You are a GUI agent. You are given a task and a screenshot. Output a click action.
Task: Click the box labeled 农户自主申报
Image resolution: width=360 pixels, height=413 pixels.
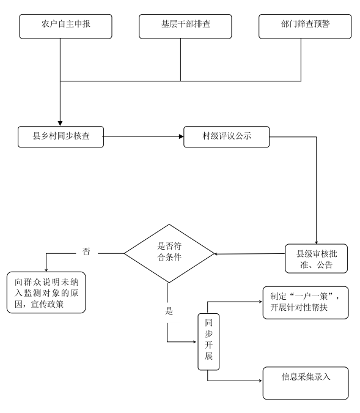(65, 26)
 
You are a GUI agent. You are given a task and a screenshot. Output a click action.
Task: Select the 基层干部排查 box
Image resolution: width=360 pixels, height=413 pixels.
(185, 26)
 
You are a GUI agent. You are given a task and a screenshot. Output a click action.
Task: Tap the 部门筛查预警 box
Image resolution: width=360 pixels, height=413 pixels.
(305, 26)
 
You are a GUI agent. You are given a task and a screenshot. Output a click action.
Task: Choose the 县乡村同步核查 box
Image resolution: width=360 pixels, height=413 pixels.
(61, 136)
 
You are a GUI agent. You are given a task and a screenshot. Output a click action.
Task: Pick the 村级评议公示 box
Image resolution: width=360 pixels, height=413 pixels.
(226, 136)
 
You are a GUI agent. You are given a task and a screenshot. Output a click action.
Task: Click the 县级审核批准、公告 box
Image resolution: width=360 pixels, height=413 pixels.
(317, 258)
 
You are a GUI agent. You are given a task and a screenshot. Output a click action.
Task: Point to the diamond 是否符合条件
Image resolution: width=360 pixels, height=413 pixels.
(169, 253)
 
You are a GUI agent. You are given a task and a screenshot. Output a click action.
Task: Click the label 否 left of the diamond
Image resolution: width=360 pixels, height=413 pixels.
(86, 251)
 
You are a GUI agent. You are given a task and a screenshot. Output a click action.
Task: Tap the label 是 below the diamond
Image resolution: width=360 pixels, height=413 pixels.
(169, 311)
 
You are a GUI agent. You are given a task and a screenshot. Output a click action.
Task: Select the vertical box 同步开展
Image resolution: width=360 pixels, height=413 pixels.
(208, 341)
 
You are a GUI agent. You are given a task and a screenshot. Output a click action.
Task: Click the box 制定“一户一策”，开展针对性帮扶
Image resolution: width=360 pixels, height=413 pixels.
(306, 303)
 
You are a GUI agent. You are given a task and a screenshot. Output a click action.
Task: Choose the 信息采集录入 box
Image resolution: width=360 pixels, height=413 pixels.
(306, 383)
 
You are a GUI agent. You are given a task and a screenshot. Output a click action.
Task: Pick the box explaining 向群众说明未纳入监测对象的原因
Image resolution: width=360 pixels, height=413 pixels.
(46, 292)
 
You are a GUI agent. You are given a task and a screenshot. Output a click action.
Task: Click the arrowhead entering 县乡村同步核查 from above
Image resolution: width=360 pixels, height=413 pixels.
(60, 124)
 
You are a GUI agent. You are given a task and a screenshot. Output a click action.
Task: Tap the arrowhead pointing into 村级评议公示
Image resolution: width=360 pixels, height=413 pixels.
(181, 136)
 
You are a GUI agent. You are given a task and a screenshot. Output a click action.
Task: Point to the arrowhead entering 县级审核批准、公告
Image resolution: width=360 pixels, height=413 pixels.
(317, 242)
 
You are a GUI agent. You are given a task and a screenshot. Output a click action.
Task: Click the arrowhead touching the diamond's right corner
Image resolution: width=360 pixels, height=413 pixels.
(216, 254)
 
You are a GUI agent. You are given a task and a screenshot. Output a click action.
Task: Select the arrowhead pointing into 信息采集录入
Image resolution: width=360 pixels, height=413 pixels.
(260, 381)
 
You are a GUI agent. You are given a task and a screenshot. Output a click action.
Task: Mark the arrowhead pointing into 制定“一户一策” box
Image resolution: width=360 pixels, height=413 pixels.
(260, 302)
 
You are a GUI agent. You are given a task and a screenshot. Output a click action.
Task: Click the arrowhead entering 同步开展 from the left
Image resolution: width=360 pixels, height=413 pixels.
(195, 342)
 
